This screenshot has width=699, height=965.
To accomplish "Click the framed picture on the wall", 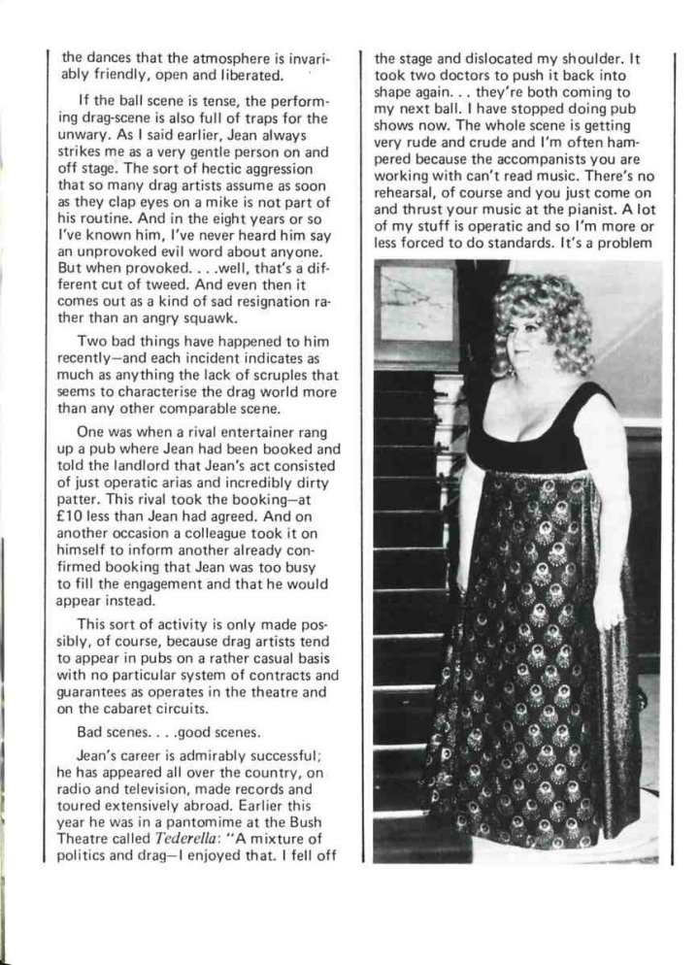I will [x=416, y=303].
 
